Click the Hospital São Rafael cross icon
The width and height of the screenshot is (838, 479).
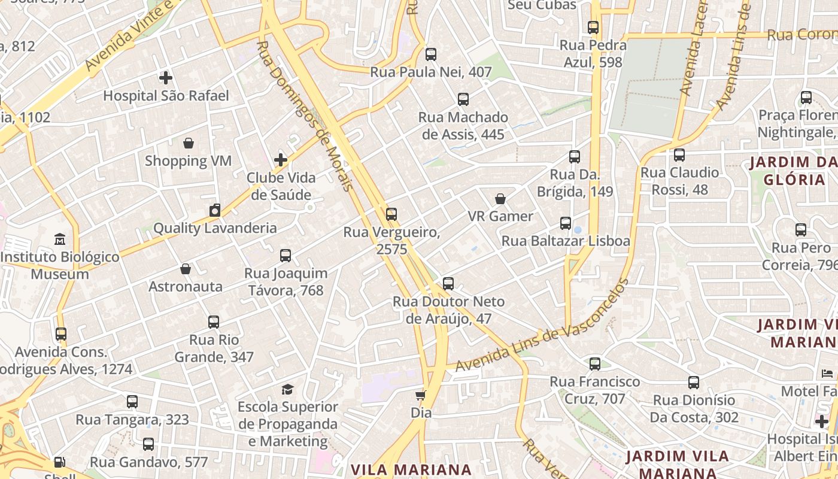click(166, 78)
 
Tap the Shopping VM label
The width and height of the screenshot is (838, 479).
click(188, 160)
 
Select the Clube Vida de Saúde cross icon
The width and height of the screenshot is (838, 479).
click(281, 160)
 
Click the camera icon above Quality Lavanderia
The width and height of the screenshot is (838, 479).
click(215, 210)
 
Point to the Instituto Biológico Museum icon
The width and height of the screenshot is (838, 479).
click(60, 239)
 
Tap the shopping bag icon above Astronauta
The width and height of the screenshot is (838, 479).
click(186, 269)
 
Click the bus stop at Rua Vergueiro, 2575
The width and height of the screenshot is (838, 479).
click(391, 214)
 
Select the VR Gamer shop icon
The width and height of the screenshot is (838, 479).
click(500, 199)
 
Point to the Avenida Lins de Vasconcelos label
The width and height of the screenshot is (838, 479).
click(542, 326)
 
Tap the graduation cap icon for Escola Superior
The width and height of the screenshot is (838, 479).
click(288, 389)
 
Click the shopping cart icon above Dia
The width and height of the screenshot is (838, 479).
click(421, 395)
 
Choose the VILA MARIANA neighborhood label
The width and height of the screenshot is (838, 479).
click(411, 469)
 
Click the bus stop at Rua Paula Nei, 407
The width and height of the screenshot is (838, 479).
click(431, 54)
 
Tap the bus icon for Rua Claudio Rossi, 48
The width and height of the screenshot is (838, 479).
click(679, 155)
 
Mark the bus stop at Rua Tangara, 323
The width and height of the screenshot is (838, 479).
click(132, 402)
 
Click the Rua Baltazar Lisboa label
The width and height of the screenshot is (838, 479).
click(566, 241)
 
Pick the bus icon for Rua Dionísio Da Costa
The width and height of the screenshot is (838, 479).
click(694, 382)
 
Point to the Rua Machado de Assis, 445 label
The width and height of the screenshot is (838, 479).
click(463, 126)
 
